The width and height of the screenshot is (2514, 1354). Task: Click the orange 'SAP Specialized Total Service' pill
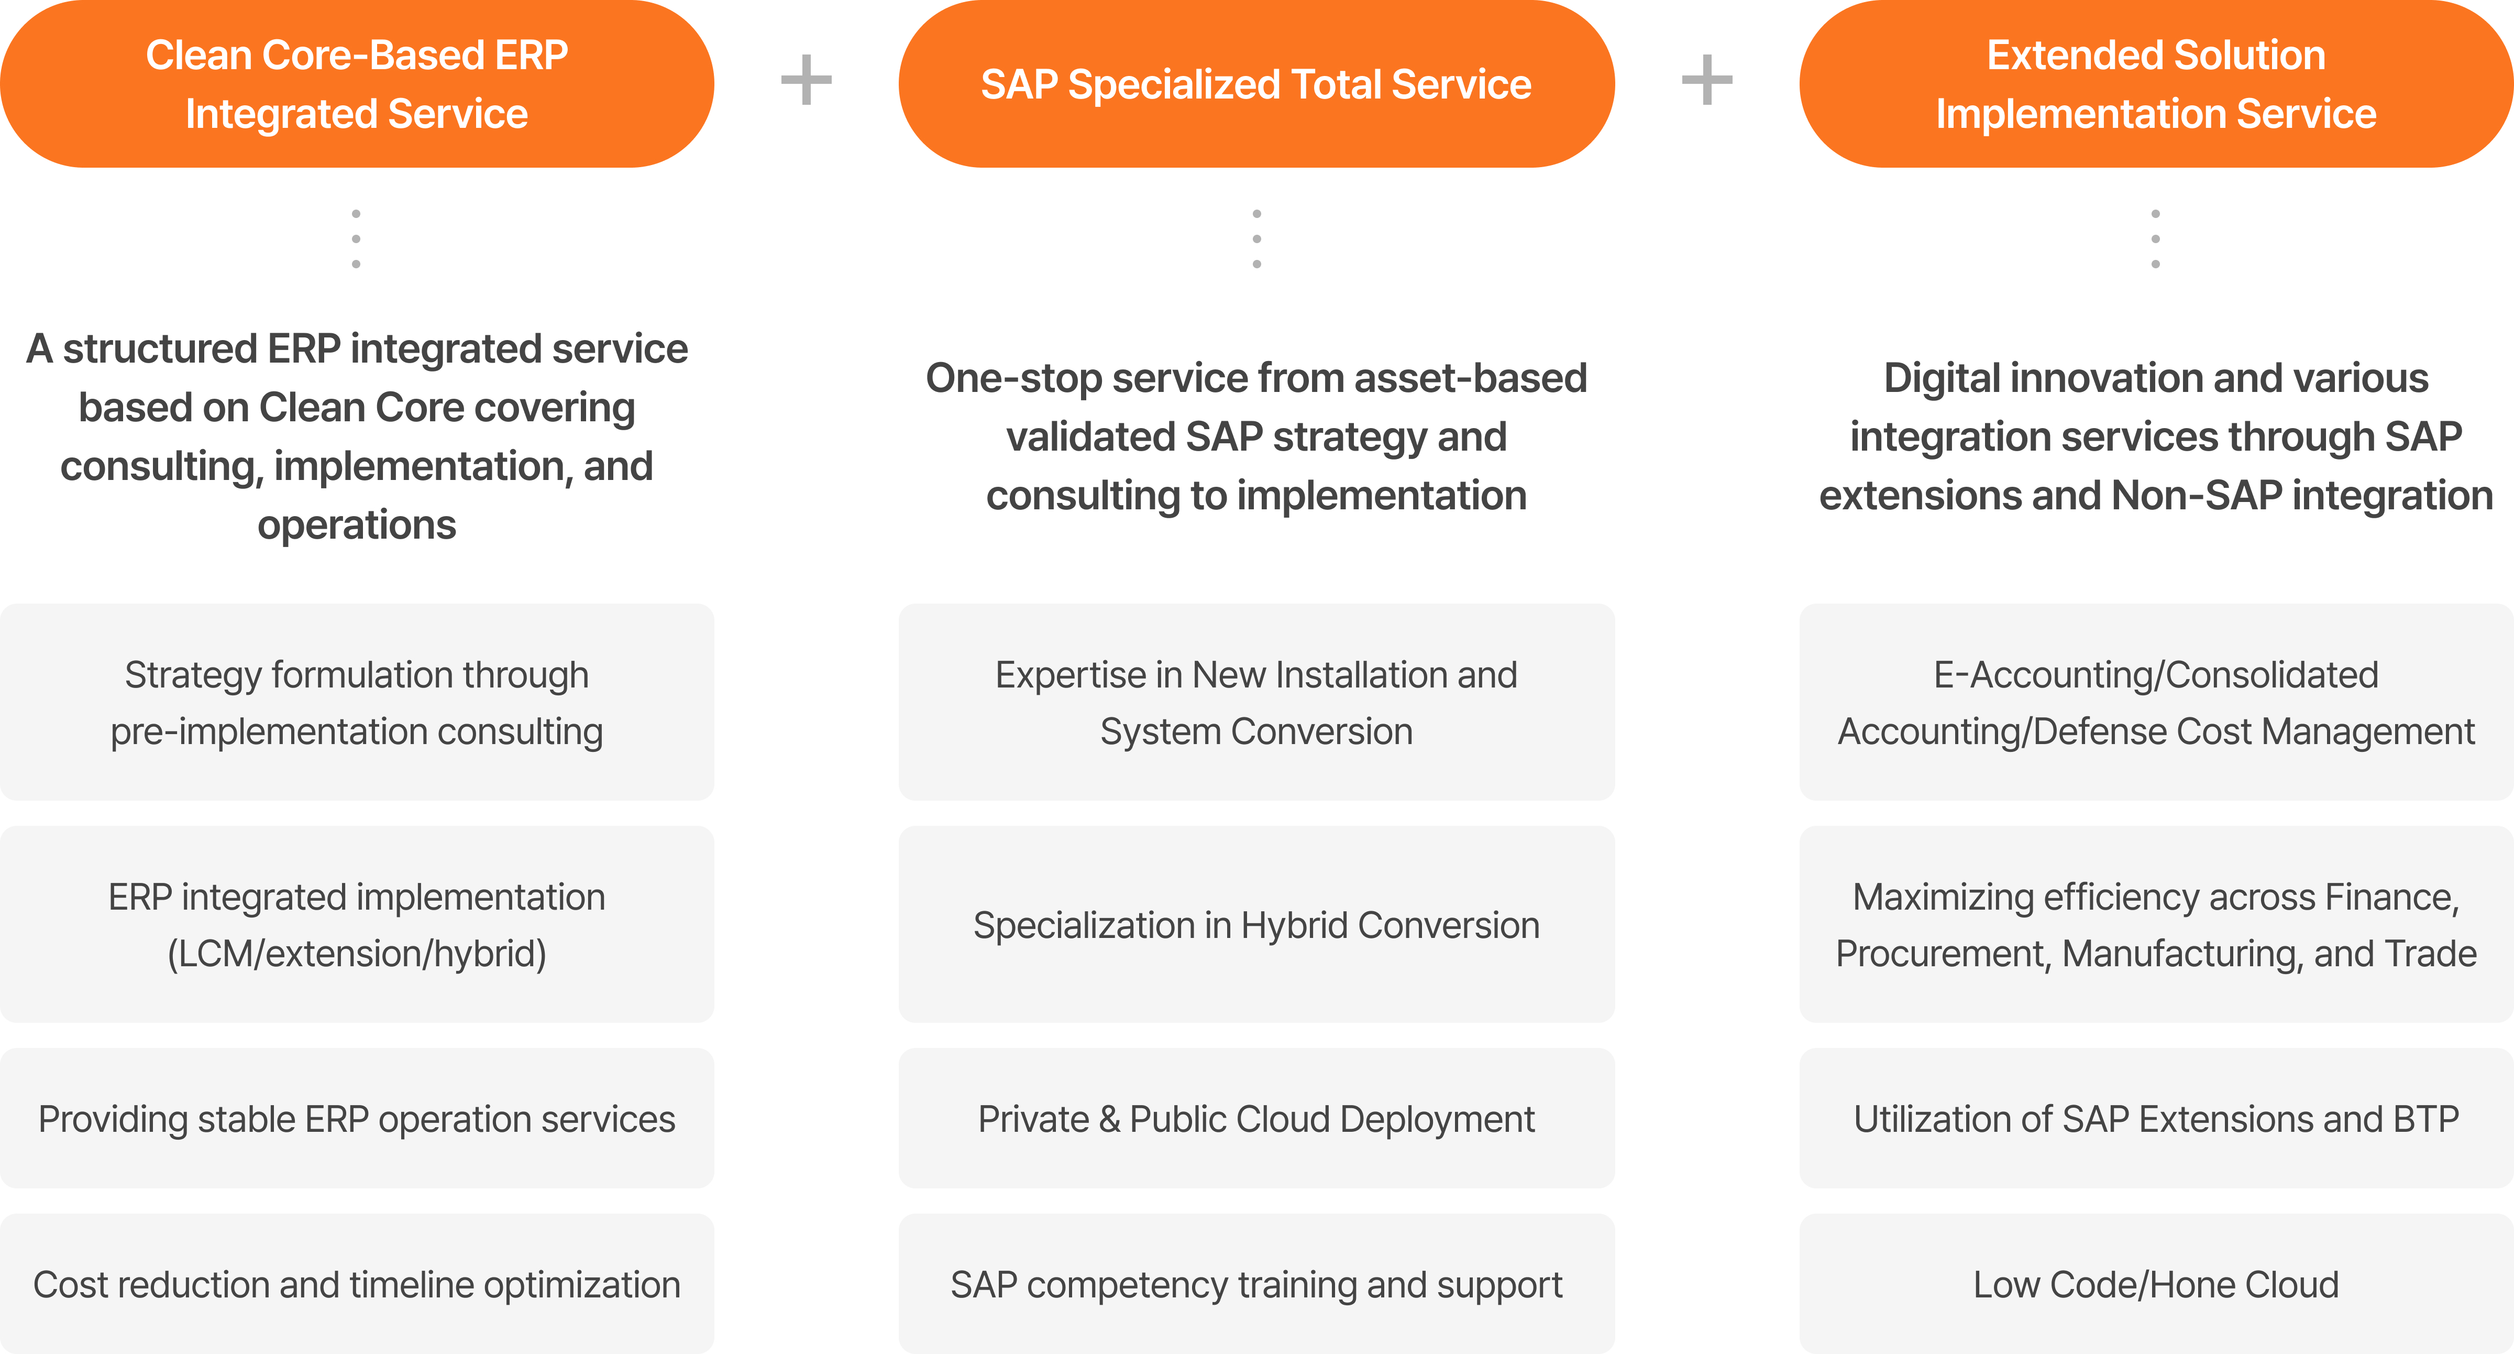tap(1256, 84)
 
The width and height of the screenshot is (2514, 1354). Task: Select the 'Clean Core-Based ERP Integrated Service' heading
tap(356, 84)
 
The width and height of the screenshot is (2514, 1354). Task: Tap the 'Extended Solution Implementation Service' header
tap(2156, 84)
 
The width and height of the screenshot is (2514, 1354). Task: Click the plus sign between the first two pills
tap(806, 80)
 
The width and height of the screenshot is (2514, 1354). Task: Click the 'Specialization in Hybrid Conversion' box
tap(1256, 924)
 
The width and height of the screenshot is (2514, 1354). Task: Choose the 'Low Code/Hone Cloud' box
tap(2156, 1284)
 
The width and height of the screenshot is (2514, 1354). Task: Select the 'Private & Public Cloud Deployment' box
tap(1256, 1119)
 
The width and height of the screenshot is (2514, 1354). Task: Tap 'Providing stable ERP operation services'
tap(356, 1119)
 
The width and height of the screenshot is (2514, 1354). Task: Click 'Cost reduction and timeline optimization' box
tap(356, 1284)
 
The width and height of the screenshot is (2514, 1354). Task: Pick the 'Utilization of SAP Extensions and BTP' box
tap(2156, 1119)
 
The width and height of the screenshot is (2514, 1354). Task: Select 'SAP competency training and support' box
tap(1256, 1284)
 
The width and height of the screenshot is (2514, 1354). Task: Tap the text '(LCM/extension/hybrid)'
tap(356, 954)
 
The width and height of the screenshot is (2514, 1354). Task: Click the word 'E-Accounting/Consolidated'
tap(2156, 674)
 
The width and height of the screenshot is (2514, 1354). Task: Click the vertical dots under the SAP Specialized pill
tap(1256, 239)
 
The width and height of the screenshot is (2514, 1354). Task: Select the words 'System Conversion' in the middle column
tap(1256, 731)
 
